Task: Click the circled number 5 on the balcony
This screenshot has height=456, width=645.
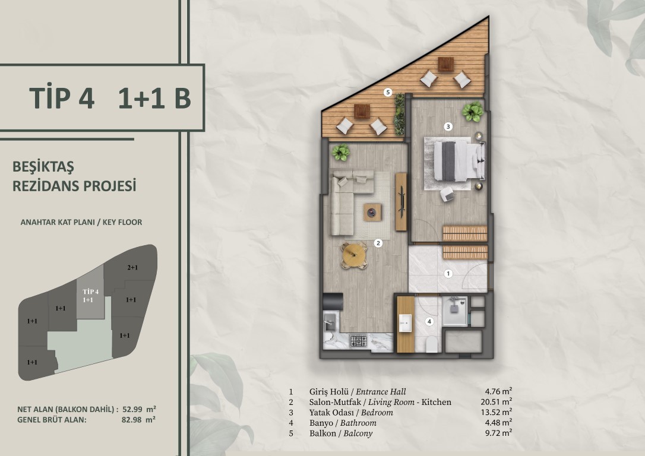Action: pos(387,92)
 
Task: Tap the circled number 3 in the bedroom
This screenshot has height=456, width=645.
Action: pos(448,126)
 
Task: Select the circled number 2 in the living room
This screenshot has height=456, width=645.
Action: pos(378,243)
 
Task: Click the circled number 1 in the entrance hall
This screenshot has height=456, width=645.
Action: pos(448,274)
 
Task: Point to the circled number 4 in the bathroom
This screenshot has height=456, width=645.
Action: pos(429,322)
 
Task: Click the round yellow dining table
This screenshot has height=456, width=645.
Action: pos(354,255)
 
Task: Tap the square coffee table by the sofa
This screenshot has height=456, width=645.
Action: pos(372,213)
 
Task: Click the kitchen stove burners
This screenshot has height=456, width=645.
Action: pos(358,341)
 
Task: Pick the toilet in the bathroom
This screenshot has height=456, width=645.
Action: pos(432,345)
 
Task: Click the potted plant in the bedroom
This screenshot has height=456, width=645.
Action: pos(472,111)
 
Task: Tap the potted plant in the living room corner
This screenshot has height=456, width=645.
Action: pos(340,153)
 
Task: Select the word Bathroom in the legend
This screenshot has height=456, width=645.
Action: pos(358,423)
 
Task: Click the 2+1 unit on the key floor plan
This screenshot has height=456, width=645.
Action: pos(132,268)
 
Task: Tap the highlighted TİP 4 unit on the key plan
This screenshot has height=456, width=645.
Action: pos(90,296)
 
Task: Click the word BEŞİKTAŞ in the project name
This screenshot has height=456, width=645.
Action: pos(43,166)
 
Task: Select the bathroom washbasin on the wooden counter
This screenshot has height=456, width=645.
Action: pos(405,323)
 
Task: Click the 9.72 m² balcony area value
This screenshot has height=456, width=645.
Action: pos(498,433)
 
